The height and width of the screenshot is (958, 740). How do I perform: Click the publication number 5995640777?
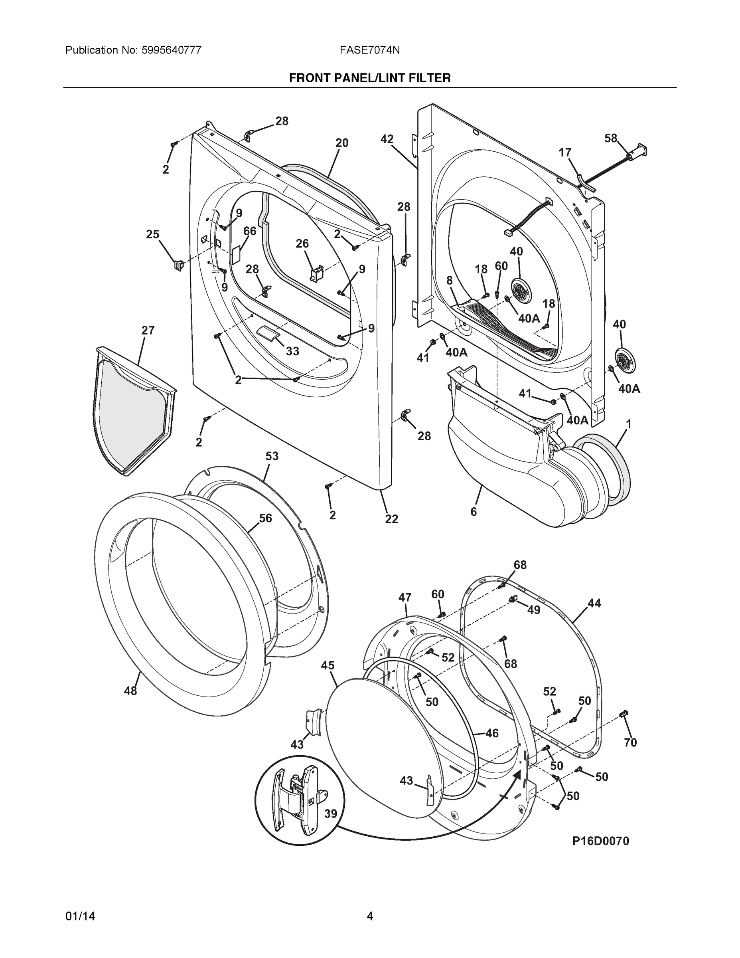172,50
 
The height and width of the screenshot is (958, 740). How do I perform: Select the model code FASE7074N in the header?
369,50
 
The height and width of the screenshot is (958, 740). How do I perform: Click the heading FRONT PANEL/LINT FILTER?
369,78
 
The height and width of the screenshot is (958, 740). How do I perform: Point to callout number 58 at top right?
611,138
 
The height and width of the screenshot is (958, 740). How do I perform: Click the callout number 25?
152,234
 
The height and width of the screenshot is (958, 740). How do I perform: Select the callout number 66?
250,231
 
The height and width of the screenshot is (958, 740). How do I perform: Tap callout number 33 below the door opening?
292,351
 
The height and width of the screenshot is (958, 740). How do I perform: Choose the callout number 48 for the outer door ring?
130,691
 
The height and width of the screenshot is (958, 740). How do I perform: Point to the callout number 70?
630,742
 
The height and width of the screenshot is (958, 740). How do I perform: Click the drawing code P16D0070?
600,841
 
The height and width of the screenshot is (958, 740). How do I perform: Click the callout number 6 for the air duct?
474,511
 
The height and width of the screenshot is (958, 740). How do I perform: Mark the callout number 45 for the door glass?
328,665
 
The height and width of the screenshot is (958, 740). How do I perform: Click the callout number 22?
391,519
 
